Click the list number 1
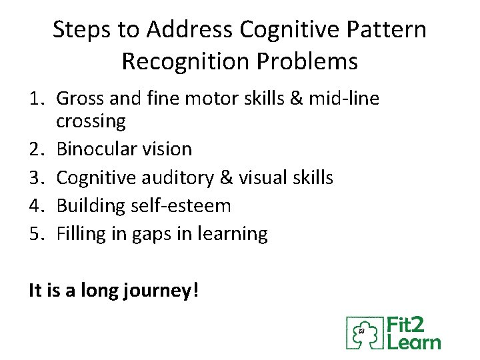(x=35, y=99)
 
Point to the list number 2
(x=35, y=149)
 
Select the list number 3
(x=35, y=177)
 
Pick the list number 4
(x=35, y=206)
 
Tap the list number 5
(x=35, y=234)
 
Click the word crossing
(x=91, y=122)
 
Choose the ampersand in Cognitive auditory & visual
(x=225, y=177)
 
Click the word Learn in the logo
(x=414, y=342)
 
